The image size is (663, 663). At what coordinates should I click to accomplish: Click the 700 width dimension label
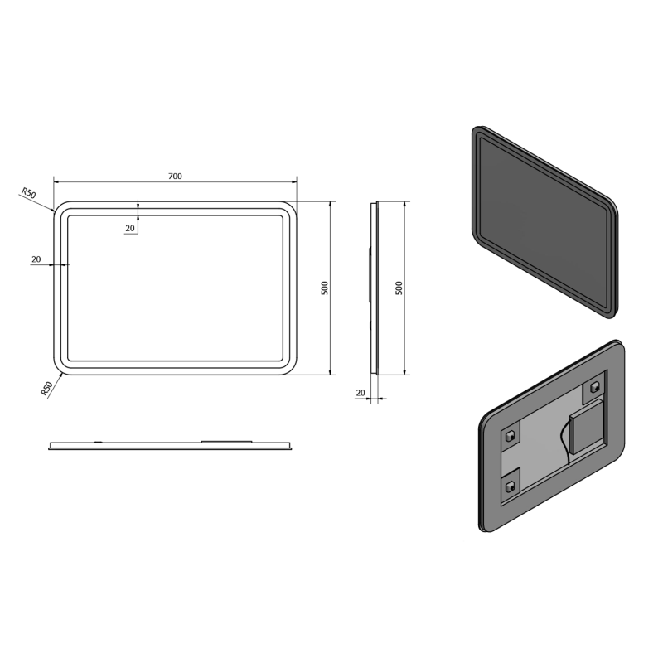pyautogui.click(x=175, y=176)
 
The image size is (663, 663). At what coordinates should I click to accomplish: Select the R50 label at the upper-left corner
pyautogui.click(x=29, y=194)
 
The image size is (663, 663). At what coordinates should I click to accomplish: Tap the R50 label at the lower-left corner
pyautogui.click(x=46, y=389)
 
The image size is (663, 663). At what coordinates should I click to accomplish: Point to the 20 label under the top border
pyautogui.click(x=130, y=229)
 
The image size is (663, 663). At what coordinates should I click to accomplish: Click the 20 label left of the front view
pyautogui.click(x=36, y=259)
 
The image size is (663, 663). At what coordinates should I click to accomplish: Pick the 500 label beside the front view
pyautogui.click(x=325, y=288)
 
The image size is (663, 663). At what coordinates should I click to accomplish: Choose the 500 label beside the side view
pyautogui.click(x=399, y=288)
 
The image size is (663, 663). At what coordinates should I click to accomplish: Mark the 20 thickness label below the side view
pyautogui.click(x=361, y=393)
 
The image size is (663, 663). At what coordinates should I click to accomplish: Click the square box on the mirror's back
pyautogui.click(x=588, y=426)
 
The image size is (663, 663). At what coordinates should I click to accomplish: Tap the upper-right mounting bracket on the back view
pyautogui.click(x=594, y=386)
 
